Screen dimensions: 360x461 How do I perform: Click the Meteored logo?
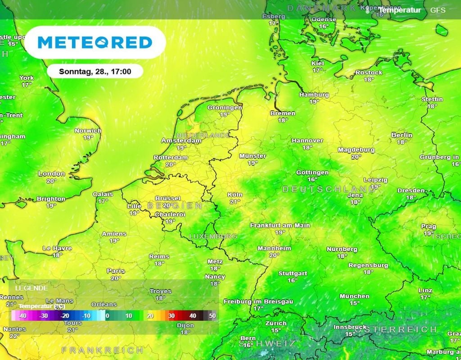point(95,42)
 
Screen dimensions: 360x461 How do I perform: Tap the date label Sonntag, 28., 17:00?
point(95,71)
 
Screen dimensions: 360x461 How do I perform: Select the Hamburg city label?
point(314,95)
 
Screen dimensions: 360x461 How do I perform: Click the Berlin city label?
point(402,135)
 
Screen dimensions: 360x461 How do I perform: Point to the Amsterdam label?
point(181,141)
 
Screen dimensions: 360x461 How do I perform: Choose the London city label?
point(51,174)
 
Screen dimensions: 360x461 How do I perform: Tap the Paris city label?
point(116,271)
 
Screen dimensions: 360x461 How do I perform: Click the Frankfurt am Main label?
point(280,225)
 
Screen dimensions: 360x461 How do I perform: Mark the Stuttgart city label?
point(293,273)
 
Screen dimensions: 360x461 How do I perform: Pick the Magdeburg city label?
point(356,150)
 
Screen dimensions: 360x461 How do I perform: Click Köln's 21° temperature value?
point(235,201)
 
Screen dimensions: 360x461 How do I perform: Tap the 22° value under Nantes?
point(14,336)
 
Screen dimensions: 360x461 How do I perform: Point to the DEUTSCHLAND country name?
point(329,190)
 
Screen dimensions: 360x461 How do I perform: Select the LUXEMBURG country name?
point(213,236)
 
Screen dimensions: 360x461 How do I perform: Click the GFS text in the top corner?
point(438,10)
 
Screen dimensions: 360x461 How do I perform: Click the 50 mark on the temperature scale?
point(212,316)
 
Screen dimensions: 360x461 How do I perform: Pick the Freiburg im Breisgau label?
point(258,301)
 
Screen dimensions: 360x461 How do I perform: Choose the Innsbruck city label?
point(350,327)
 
